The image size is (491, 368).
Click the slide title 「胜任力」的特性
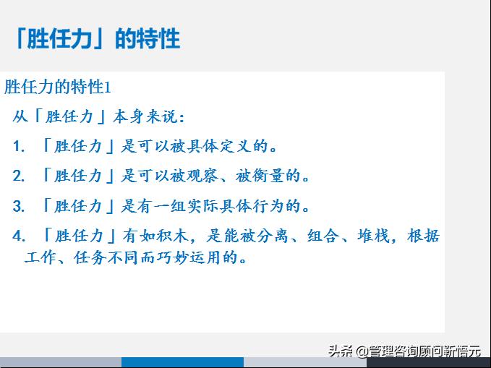(96, 38)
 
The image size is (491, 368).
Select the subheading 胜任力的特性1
(58, 87)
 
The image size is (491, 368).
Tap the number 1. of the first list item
(20, 147)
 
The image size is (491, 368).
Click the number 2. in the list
(20, 176)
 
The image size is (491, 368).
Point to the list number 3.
(20, 207)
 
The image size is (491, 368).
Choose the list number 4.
(20, 236)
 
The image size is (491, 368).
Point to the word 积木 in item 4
(178, 236)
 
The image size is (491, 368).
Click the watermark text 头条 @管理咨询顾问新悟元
(404, 351)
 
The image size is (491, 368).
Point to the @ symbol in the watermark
(361, 351)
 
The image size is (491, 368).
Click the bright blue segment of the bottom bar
(182, 362)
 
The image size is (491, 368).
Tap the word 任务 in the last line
(87, 257)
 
